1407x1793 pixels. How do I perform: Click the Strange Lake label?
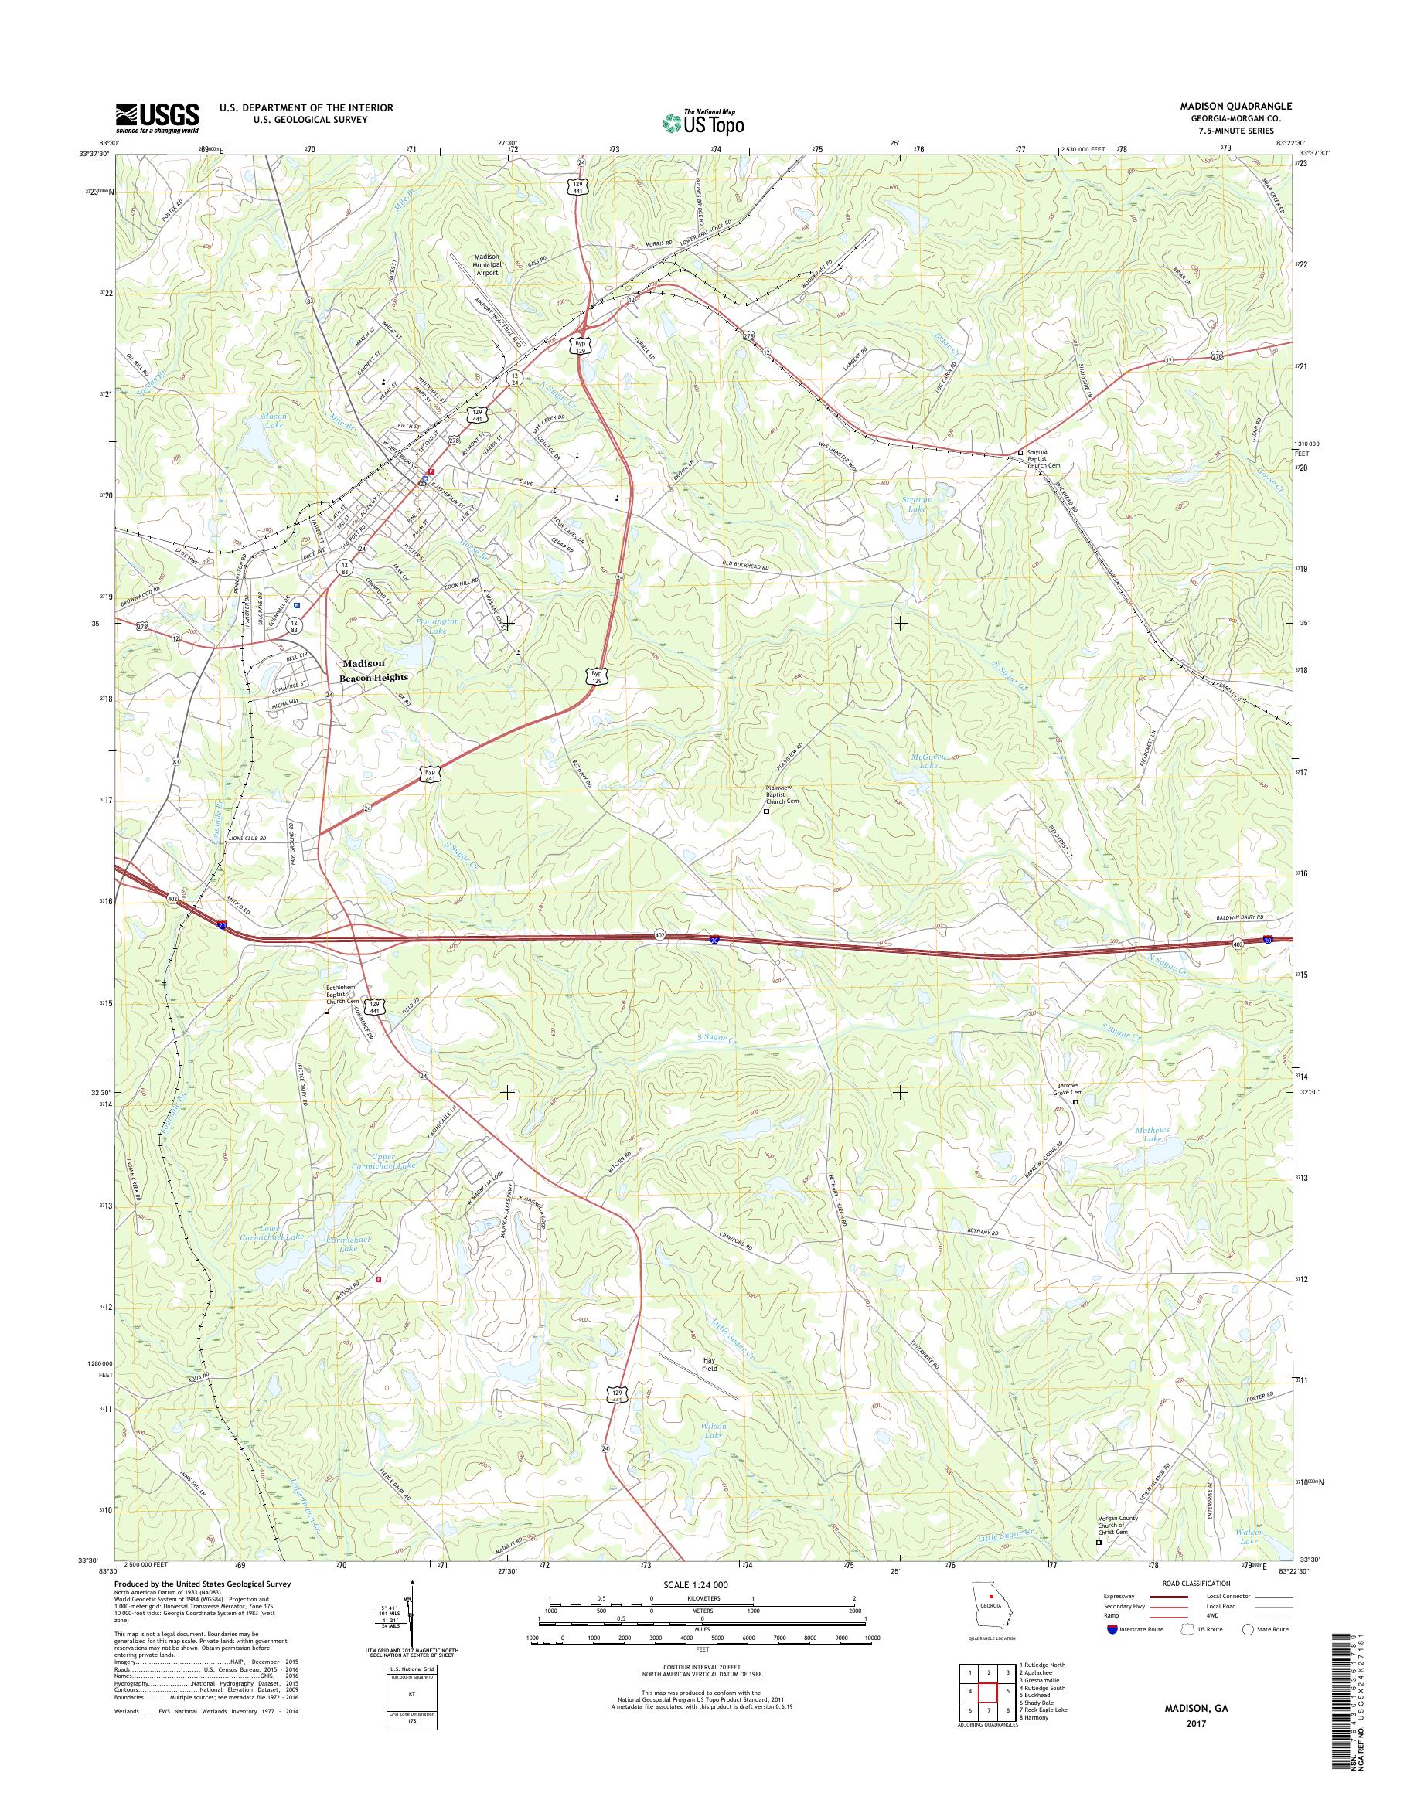(x=916, y=504)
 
